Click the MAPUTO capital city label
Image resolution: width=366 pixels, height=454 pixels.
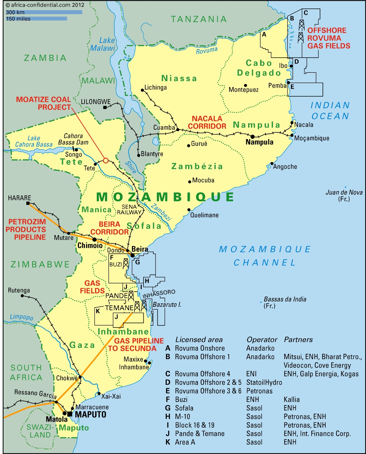[91, 414]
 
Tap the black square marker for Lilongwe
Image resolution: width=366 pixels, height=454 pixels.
[105, 107]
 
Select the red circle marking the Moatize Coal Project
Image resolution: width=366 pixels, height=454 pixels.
[106, 161]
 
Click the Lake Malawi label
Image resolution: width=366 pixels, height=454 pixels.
[103, 44]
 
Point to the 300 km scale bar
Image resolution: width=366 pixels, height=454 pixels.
[44, 12]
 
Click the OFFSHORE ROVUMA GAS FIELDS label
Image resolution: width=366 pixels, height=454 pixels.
[328, 38]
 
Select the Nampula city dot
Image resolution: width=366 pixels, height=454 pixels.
[252, 136]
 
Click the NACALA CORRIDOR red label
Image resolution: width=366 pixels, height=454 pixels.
[207, 122]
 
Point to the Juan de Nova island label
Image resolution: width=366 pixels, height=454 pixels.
[344, 195]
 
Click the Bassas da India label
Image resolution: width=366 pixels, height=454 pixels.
[285, 302]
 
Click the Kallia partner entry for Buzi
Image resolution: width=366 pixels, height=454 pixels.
[292, 400]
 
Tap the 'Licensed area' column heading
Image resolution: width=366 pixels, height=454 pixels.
[199, 339]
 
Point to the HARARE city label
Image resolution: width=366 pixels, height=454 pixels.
[19, 198]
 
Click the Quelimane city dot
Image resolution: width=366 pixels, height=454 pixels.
[189, 210]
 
